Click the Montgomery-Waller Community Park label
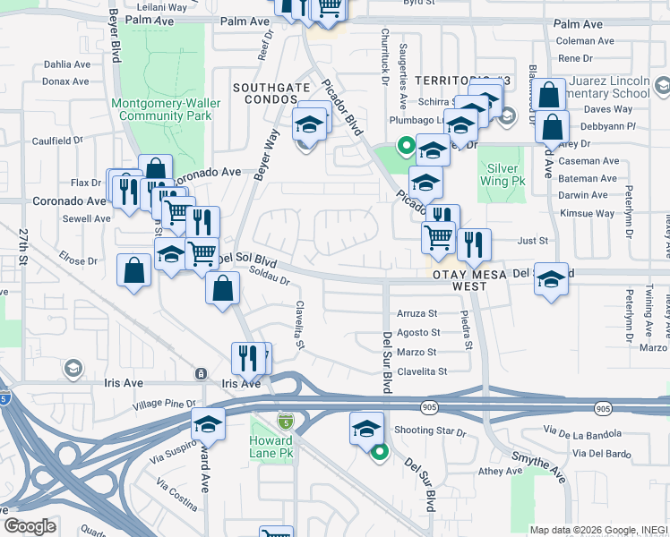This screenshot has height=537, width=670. click(x=162, y=109)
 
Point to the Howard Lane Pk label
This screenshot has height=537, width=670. click(x=272, y=447)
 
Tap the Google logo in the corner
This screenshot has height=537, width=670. click(x=30, y=526)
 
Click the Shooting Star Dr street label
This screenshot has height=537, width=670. click(x=430, y=431)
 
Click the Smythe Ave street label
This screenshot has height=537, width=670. click(x=538, y=467)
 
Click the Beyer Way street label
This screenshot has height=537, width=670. click(x=266, y=155)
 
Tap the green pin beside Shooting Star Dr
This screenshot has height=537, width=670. click(x=379, y=452)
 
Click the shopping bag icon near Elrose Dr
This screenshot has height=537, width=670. click(x=133, y=272)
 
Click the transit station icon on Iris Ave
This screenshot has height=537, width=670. click(x=202, y=373)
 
